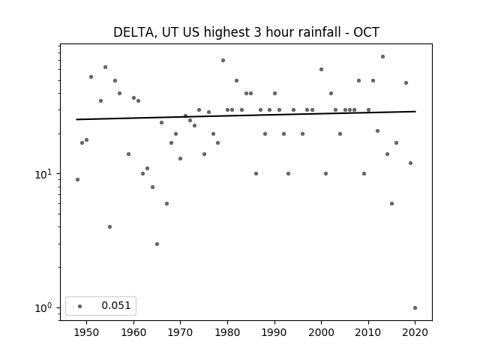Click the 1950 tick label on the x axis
tap(87, 332)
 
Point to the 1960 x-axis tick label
tap(133, 332)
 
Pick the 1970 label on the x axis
tap(181, 332)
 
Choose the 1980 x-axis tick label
tap(227, 332)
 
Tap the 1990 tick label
tap(274, 332)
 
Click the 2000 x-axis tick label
tap(322, 332)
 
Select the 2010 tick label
tap(368, 332)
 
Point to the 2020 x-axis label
tap(415, 332)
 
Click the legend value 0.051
tap(116, 305)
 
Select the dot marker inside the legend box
tap(80, 306)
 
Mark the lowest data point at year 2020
tap(415, 308)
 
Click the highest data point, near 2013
tap(382, 57)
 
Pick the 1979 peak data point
tap(223, 60)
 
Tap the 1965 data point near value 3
tap(157, 244)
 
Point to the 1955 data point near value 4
tap(110, 226)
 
